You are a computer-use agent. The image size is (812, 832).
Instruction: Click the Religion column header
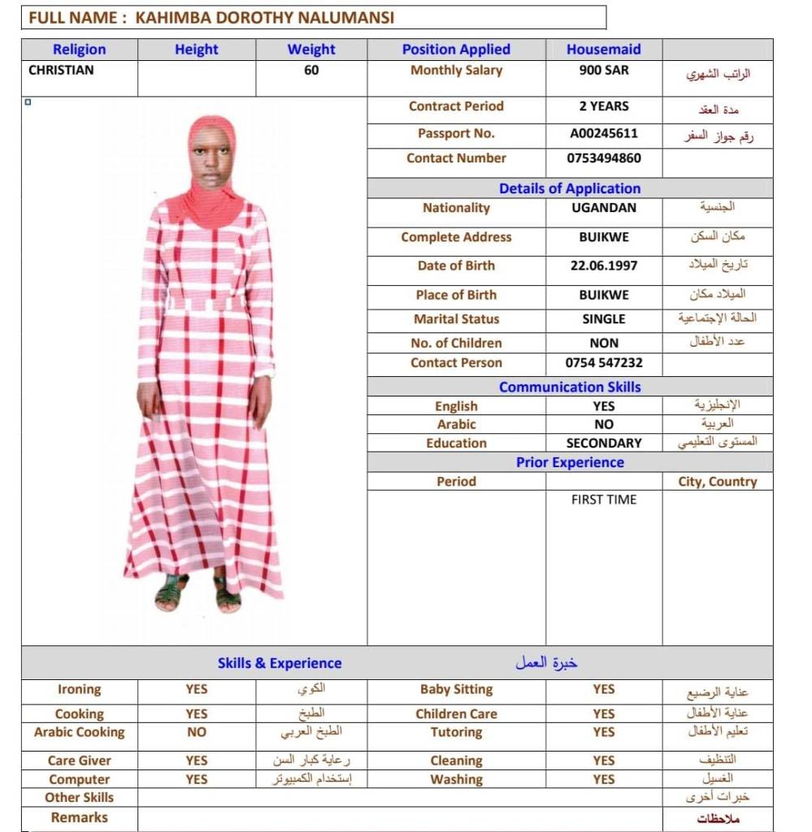(x=79, y=50)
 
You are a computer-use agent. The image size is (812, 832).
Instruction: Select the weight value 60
(x=311, y=70)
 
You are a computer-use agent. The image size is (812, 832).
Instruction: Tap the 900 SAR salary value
(x=603, y=70)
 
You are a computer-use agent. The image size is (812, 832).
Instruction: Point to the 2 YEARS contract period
(x=603, y=106)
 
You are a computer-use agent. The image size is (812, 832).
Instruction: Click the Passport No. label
(x=456, y=133)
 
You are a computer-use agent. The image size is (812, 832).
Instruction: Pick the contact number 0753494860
(x=603, y=158)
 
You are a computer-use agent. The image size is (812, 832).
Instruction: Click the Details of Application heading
(x=569, y=188)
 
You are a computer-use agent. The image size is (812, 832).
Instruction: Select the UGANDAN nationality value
(x=603, y=208)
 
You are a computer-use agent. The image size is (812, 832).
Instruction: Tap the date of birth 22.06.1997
(x=603, y=266)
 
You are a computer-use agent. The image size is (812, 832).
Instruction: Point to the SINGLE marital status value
(x=603, y=319)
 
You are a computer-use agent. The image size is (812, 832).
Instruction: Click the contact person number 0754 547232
(x=603, y=363)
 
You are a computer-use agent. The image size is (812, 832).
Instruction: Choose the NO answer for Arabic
(x=603, y=424)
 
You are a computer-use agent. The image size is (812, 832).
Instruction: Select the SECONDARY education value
(x=603, y=444)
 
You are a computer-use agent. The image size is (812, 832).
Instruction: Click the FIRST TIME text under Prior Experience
(x=603, y=500)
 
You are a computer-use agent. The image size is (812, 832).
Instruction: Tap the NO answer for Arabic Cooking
(x=196, y=732)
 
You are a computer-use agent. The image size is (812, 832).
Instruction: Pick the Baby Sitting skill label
(x=456, y=690)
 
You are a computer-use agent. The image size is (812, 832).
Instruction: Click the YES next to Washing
(x=603, y=779)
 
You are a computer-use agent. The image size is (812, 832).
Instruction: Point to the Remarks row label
(x=79, y=817)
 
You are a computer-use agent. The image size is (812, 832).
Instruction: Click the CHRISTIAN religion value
(x=61, y=70)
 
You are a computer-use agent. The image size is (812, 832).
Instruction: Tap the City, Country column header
(x=717, y=482)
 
